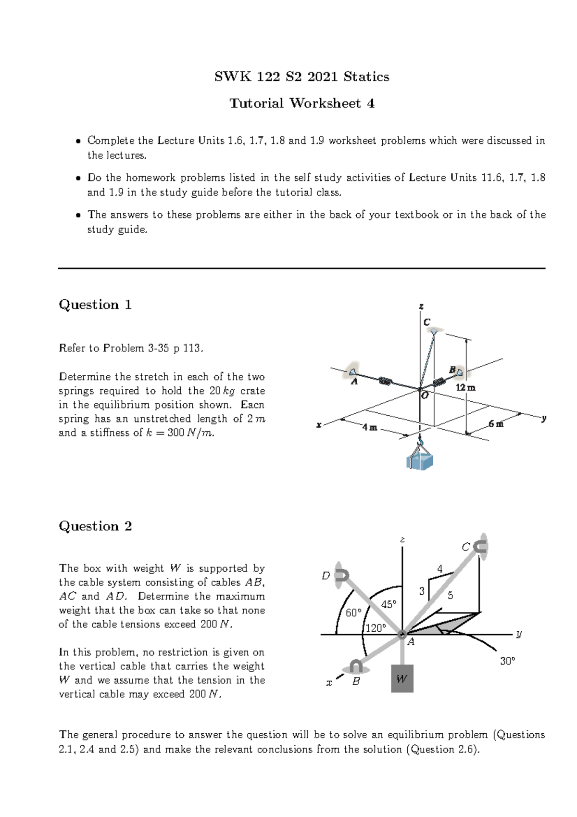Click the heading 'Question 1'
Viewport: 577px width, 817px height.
95,305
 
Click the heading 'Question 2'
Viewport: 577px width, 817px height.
95,526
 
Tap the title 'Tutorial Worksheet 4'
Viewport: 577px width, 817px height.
301,103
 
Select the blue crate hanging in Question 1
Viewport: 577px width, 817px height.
420,461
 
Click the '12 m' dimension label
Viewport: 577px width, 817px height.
465,388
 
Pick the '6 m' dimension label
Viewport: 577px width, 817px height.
496,424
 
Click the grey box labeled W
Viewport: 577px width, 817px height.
402,679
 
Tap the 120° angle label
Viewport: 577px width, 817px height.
376,628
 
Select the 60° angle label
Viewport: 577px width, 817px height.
353,613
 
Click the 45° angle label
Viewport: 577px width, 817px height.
389,604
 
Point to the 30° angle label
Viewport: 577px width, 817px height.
507,661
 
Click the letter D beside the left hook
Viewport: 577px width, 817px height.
326,576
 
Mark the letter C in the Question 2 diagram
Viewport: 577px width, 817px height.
465,547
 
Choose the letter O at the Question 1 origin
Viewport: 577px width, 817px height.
425,396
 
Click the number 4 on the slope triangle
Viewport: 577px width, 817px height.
439,569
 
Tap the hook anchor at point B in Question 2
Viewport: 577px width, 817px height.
356,667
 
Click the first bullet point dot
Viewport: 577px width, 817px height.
77,141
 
